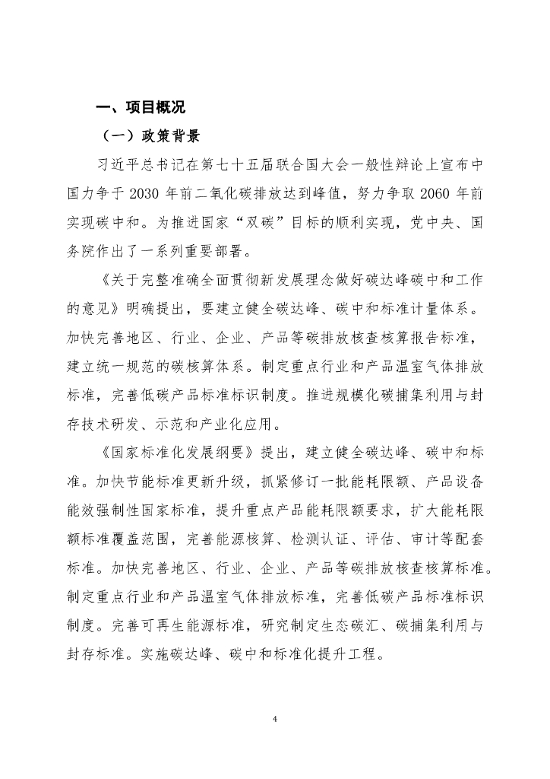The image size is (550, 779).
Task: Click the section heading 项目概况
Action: click(x=147, y=107)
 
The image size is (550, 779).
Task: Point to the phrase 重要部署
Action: click(x=217, y=252)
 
